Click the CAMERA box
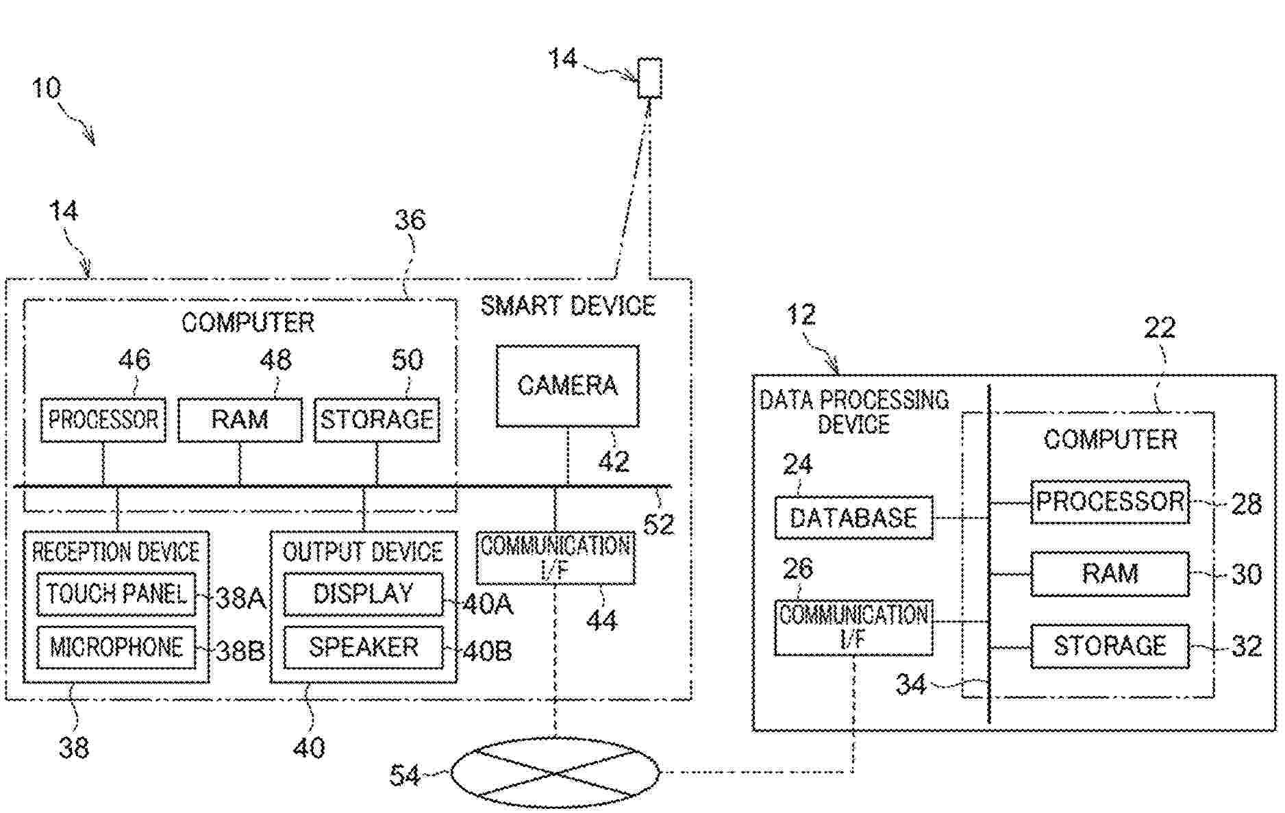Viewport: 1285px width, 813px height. coord(567,386)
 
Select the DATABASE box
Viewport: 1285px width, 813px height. coord(853,518)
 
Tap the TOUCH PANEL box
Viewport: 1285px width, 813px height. coord(116,594)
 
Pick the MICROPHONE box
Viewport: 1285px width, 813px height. coord(116,647)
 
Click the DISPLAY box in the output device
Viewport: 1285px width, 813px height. coord(363,594)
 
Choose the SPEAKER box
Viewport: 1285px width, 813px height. coord(363,647)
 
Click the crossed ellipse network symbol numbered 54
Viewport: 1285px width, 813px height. coord(555,773)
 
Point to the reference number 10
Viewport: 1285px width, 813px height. coord(46,88)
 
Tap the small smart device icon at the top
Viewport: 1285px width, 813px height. coord(649,78)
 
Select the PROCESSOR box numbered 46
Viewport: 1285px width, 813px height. coord(103,419)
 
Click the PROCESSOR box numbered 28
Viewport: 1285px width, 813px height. coord(1110,502)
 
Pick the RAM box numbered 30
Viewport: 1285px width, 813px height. coord(1110,573)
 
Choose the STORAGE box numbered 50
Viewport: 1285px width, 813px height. coord(377,419)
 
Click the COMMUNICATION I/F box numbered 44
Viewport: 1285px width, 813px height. coord(555,558)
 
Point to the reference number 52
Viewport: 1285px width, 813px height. coord(658,524)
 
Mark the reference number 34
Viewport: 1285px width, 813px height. coord(911,684)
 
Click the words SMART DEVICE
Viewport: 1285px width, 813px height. coord(568,305)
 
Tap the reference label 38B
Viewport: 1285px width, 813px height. coord(240,650)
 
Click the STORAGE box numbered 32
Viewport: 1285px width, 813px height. coord(1110,646)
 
